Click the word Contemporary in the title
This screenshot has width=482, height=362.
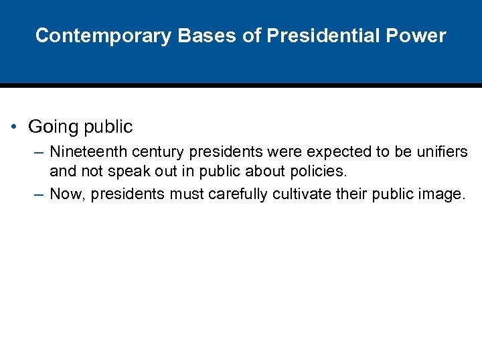(x=103, y=36)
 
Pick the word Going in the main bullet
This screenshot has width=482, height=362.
(x=50, y=127)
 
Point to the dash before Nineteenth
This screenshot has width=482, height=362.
(x=39, y=153)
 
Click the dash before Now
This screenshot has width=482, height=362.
(x=39, y=195)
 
